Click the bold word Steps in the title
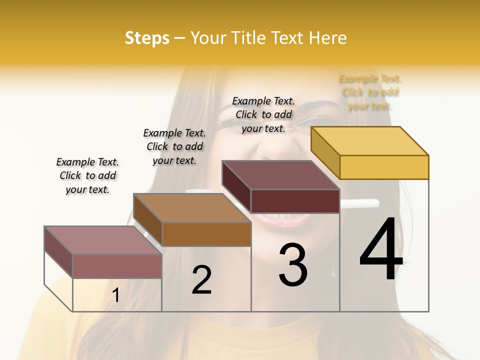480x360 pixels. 147,38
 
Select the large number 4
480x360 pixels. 381,250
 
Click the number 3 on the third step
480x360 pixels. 293,264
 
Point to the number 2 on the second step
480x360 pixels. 201,280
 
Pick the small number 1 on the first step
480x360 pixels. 116,295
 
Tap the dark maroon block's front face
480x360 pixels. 295,201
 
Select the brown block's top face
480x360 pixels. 192,208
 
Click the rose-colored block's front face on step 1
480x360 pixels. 117,266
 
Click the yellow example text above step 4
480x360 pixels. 370,92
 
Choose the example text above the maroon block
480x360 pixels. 263,114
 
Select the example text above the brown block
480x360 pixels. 174,146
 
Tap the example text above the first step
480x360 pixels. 87,175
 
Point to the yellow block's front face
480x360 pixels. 384,167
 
